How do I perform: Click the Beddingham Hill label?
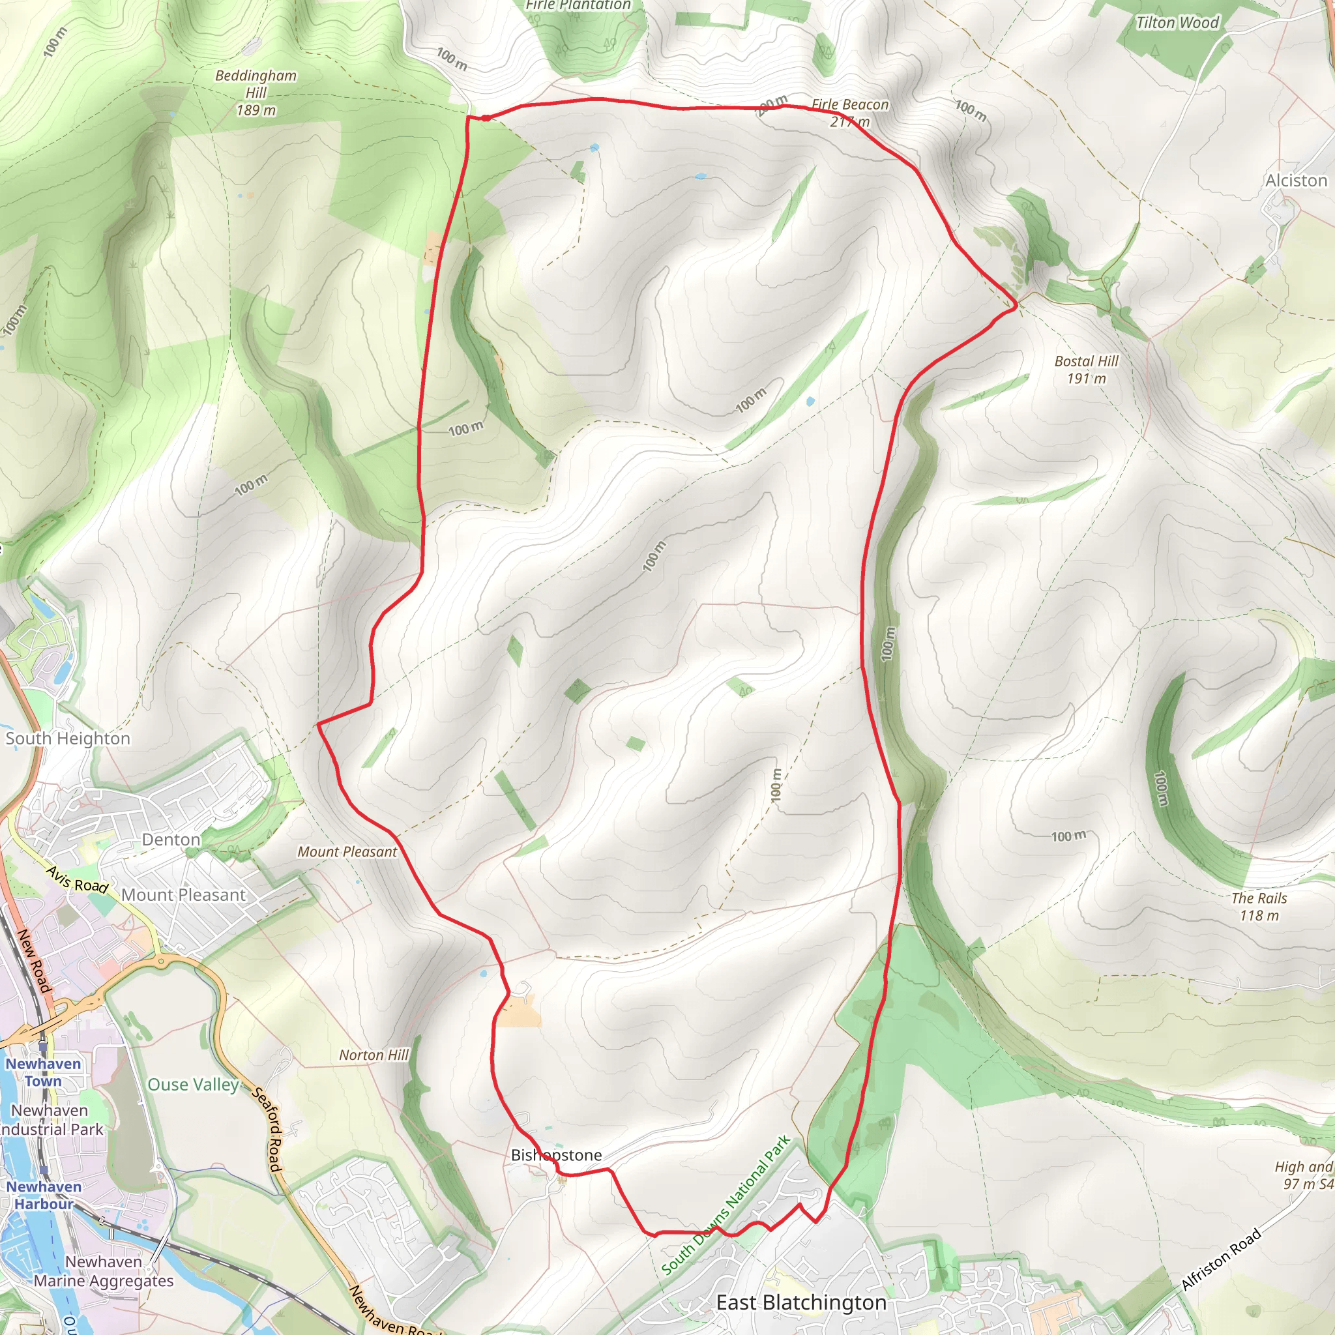pyautogui.click(x=256, y=93)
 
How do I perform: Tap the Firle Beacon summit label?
pyautogui.click(x=850, y=113)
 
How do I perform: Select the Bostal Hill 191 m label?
pyautogui.click(x=1085, y=370)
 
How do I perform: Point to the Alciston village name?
pyautogui.click(x=1296, y=181)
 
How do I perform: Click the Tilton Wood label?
pyautogui.click(x=1177, y=23)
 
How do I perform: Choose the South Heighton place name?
pyautogui.click(x=68, y=739)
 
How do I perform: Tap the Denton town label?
pyautogui.click(x=171, y=840)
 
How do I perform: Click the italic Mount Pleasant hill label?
pyautogui.click(x=347, y=852)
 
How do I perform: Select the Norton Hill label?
pyautogui.click(x=373, y=1055)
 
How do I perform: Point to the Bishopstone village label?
pyautogui.click(x=556, y=1155)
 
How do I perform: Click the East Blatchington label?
pyautogui.click(x=801, y=1303)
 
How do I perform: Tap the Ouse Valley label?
pyautogui.click(x=193, y=1085)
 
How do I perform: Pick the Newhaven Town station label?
pyautogui.click(x=43, y=1072)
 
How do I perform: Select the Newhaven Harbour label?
pyautogui.click(x=44, y=1196)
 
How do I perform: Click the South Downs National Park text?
pyautogui.click(x=726, y=1206)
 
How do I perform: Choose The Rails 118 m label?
pyautogui.click(x=1259, y=907)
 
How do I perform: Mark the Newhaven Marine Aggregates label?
pyautogui.click(x=104, y=1271)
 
